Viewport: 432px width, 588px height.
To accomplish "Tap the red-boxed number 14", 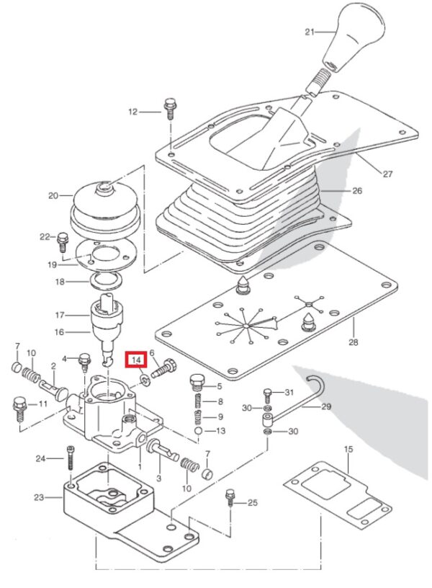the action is [136, 360].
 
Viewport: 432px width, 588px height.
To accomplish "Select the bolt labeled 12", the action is [169, 109].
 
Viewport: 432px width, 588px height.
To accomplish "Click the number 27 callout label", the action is [387, 174].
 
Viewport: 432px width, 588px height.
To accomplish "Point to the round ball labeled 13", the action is [199, 430].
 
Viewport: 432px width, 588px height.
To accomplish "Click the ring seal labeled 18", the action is [107, 281].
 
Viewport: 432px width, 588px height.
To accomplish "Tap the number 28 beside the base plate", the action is [354, 342].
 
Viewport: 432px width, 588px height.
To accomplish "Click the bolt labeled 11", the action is [19, 409].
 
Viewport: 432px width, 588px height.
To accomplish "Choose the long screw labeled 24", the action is [71, 458].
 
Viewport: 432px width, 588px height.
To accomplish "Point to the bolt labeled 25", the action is [229, 498].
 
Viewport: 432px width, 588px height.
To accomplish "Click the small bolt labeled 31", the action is [267, 396].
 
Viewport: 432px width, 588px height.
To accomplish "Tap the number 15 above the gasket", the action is [348, 449].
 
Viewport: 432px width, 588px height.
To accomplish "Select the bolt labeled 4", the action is [85, 362].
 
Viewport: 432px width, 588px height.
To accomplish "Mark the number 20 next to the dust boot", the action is [53, 195].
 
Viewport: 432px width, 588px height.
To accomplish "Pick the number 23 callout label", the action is [40, 498].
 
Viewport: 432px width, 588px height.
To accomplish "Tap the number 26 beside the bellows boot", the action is [357, 191].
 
